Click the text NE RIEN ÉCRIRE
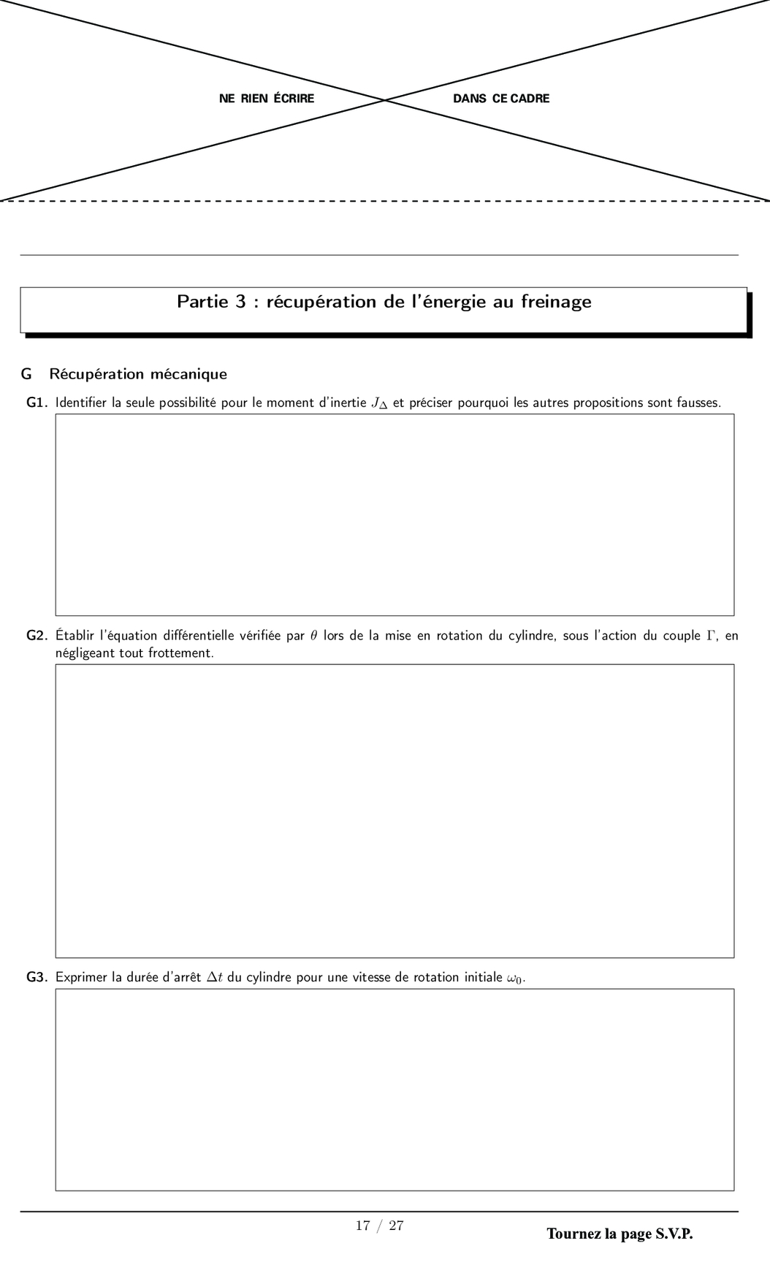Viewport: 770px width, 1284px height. point(267,99)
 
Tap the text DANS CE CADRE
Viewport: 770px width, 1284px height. point(501,99)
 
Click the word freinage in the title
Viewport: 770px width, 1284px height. point(556,302)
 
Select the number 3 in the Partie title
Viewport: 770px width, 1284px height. point(240,302)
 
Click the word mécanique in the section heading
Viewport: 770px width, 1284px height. point(188,374)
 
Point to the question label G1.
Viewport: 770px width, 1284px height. point(37,403)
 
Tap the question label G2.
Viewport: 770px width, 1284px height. point(37,636)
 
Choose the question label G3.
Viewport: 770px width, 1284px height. point(37,977)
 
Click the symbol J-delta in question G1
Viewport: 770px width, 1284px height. point(379,403)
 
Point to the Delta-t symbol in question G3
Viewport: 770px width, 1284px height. point(215,977)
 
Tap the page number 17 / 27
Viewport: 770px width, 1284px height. point(380,1226)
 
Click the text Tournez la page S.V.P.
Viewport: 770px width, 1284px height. point(620,1234)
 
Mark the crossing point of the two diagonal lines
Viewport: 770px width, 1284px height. point(385,100)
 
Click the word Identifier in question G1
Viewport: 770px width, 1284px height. point(81,403)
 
